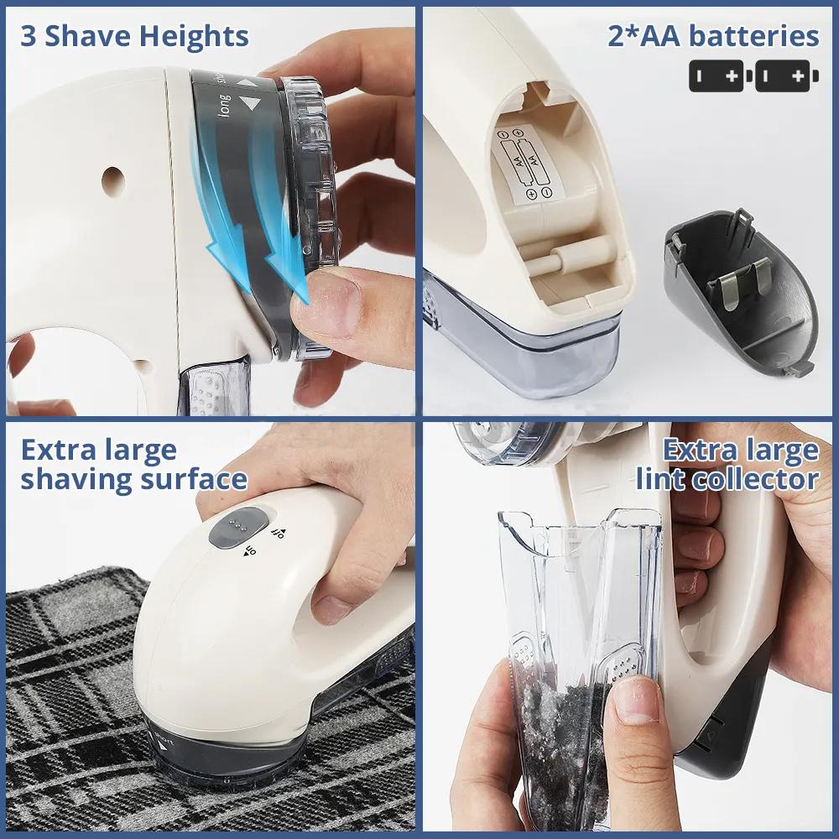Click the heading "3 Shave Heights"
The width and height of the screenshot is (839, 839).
134,36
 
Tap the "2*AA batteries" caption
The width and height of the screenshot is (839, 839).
713,36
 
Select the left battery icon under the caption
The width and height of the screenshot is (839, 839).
719,76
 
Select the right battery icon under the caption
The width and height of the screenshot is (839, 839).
785,76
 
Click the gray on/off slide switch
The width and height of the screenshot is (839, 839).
237,529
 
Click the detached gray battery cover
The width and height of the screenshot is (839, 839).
738,294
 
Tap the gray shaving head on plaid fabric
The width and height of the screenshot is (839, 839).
210,751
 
